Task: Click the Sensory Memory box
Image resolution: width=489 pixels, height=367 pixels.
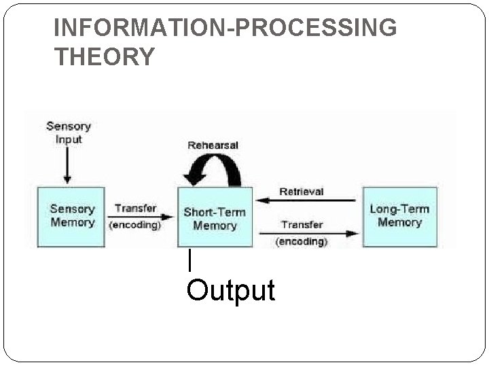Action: [71, 216]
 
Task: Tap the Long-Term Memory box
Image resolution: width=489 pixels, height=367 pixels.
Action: [399, 216]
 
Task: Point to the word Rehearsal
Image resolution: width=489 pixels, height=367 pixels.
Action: [213, 145]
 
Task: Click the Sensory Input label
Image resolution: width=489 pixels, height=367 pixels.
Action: [68, 133]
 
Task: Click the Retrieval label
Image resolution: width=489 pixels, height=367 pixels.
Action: [302, 192]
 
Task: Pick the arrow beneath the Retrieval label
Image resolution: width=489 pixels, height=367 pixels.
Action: [306, 200]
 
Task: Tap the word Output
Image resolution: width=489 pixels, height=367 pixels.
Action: [231, 290]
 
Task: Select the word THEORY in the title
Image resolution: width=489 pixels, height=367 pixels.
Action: [105, 57]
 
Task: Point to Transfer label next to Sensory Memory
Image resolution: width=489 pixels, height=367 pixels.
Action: [135, 209]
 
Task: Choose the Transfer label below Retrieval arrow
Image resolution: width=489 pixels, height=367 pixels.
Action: [302, 224]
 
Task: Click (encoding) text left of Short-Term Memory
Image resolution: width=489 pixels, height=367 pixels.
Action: [134, 224]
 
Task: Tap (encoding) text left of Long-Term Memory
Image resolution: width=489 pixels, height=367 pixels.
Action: [302, 241]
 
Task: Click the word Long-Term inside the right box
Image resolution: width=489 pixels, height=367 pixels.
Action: [399, 209]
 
